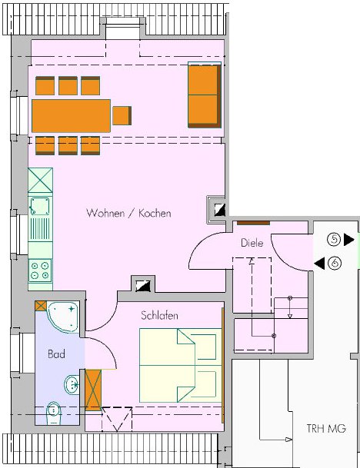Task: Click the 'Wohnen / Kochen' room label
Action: pos(128,213)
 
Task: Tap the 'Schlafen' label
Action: pos(159,316)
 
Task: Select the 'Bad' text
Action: pos(56,354)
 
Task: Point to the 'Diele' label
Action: pos(252,243)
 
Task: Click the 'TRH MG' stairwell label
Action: pos(326,429)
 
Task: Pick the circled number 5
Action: pos(334,239)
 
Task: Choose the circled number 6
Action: pos(335,263)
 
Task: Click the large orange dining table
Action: pos(71,116)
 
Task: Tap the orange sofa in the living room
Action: pos(205,95)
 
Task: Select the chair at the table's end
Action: pos(122,115)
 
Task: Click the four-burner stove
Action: pos(40,271)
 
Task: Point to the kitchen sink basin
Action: pos(40,206)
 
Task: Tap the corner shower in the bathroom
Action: pos(63,317)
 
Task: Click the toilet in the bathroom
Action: pos(54,413)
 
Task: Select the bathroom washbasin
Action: pos(72,385)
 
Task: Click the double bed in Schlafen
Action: pos(181,365)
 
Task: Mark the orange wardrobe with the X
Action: pos(93,390)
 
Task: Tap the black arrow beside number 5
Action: pos(349,240)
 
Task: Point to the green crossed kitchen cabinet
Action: pos(40,181)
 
